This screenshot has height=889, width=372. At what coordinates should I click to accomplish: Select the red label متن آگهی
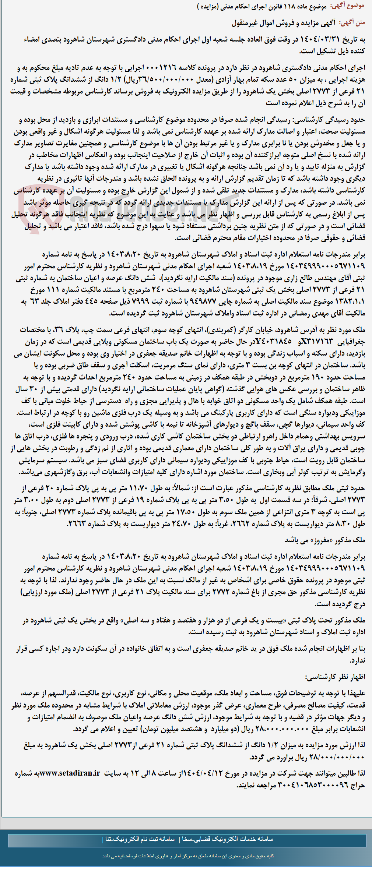tap(352, 23)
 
